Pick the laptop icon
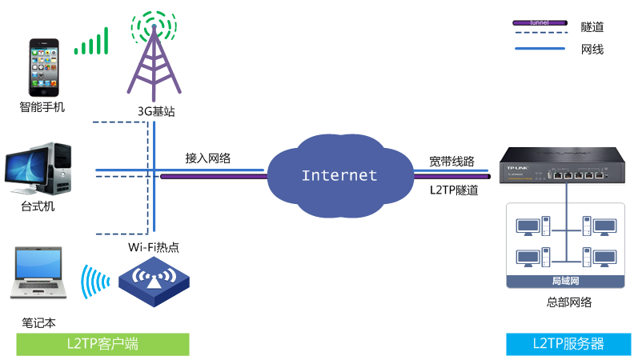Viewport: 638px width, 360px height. [40, 276]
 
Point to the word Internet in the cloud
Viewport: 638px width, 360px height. [339, 175]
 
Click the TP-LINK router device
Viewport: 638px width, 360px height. [552, 166]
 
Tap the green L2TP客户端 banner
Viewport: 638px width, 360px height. [102, 344]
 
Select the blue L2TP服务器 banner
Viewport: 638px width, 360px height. [568, 344]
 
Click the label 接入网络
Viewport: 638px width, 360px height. [208, 158]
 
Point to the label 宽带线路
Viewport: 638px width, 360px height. [451, 160]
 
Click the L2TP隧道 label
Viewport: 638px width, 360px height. [454, 190]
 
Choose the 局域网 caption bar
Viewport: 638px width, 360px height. [565, 281]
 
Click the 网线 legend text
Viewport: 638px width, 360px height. [592, 50]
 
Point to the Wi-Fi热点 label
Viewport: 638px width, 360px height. [153, 246]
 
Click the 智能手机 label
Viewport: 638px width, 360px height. [42, 106]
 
